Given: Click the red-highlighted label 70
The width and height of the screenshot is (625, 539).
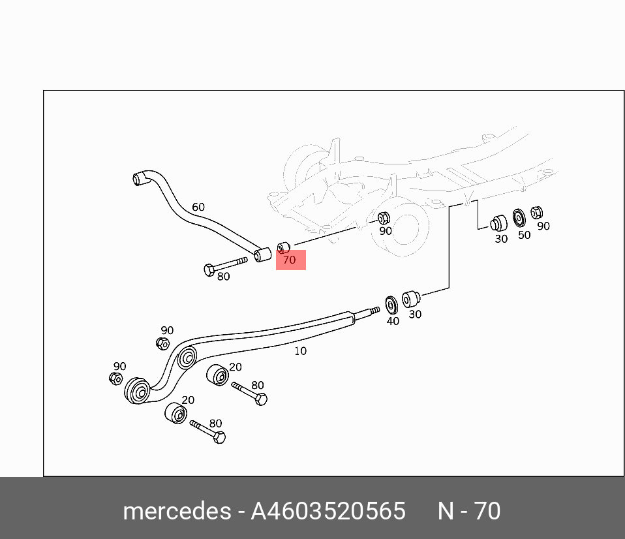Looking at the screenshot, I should (290, 260).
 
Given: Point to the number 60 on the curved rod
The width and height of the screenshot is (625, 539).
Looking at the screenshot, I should (198, 208).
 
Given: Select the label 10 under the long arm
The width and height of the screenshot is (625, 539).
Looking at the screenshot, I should (300, 351).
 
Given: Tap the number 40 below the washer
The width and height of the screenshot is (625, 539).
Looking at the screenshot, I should (393, 321).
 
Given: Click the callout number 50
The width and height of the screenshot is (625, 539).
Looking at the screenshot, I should (524, 235).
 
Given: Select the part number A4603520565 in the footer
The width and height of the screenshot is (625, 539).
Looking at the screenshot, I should (328, 511).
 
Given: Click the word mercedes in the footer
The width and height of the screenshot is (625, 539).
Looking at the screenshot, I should (176, 511).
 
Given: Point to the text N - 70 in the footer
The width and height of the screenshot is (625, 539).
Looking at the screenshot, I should (468, 511).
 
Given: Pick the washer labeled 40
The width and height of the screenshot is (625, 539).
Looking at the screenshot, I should (392, 305).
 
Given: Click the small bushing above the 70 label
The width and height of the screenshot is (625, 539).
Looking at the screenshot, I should (283, 247).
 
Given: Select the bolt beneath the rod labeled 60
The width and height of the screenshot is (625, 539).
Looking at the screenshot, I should (224, 266).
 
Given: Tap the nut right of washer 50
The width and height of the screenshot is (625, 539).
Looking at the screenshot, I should (537, 212).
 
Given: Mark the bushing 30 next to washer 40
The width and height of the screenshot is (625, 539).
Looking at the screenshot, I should (411, 300).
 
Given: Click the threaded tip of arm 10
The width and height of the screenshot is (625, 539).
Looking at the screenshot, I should (373, 311).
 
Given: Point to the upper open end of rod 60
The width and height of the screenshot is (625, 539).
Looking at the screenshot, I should (138, 177).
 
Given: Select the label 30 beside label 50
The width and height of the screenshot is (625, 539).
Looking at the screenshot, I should (500, 239).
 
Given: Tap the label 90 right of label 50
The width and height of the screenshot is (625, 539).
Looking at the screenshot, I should (543, 226).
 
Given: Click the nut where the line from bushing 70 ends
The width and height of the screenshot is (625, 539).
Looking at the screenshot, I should (384, 217).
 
